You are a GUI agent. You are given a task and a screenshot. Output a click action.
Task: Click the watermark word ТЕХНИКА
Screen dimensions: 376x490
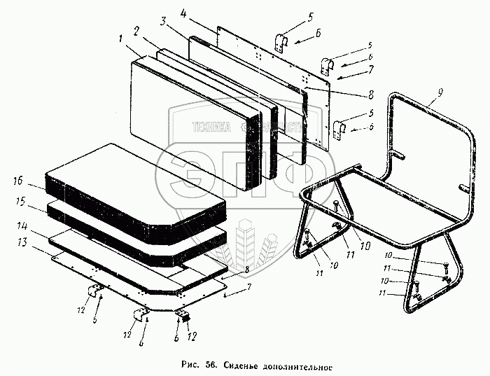(211, 127)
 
